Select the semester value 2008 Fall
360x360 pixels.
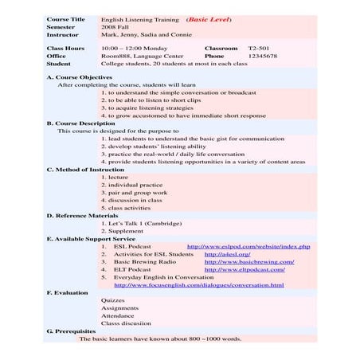coord(118,27)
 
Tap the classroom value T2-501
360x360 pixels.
coord(260,48)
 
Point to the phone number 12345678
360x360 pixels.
coord(263,57)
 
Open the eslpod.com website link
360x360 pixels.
coord(248,246)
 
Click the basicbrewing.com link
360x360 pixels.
coord(249,261)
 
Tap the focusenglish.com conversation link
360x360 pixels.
coord(199,284)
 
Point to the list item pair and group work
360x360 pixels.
coord(134,192)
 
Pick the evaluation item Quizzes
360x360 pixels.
coord(114,299)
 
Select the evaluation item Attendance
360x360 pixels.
coord(119,315)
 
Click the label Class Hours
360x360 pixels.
coord(65,48)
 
